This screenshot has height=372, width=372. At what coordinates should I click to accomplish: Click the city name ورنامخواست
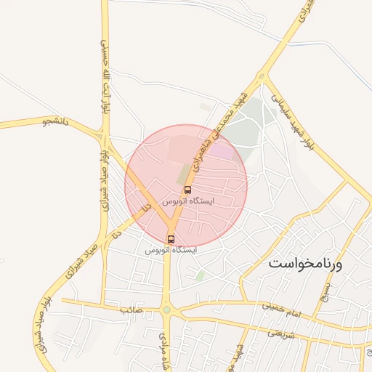point(304,263)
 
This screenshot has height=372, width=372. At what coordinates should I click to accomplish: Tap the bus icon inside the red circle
point(188,190)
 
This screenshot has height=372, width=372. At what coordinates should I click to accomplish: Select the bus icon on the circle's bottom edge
point(171,239)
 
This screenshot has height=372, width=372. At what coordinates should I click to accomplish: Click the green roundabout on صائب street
point(167,310)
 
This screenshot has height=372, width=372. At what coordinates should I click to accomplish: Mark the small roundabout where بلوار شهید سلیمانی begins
point(262,76)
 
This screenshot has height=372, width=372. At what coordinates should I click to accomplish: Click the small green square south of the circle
point(200,276)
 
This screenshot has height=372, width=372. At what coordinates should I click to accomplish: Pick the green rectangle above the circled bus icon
point(182,175)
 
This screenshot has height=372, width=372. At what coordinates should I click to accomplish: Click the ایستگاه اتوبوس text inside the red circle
point(187,200)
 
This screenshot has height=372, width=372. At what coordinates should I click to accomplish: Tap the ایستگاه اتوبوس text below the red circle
point(171,250)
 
